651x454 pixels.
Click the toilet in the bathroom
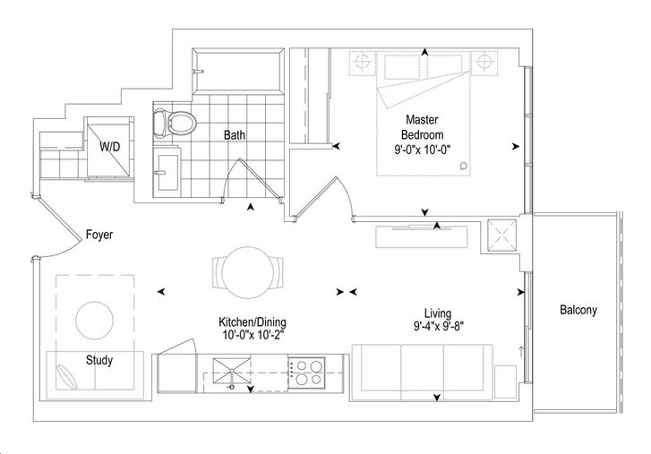click(175, 123)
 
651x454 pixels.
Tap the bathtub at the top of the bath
click(238, 72)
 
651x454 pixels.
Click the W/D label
click(110, 146)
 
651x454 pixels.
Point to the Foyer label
click(99, 235)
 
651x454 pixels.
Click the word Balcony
click(578, 310)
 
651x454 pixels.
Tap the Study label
click(99, 360)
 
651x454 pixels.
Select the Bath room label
click(234, 135)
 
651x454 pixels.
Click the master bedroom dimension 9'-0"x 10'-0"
click(423, 150)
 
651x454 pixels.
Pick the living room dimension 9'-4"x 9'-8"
click(438, 326)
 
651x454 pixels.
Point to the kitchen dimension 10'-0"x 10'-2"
click(253, 335)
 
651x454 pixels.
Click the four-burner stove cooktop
click(307, 373)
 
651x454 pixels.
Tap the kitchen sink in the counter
click(232, 373)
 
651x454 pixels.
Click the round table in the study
click(95, 321)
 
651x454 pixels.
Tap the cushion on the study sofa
click(66, 377)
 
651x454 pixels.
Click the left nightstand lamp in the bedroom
click(362, 63)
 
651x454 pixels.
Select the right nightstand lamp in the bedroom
click(484, 63)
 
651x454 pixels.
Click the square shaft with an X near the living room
click(502, 236)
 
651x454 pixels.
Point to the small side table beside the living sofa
click(506, 381)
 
